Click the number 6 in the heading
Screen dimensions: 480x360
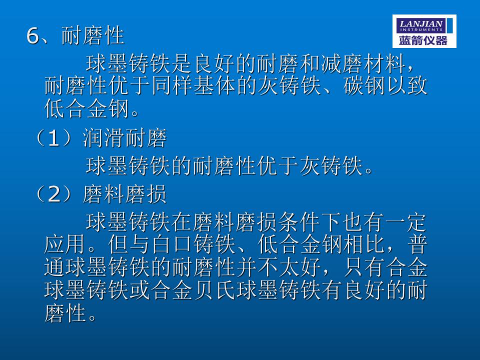(x=33, y=36)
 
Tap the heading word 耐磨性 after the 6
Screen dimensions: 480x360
(x=93, y=35)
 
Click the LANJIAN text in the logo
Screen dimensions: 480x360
(x=421, y=23)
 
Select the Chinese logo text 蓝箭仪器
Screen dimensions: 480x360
(x=423, y=40)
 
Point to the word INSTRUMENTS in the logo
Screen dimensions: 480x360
(x=421, y=29)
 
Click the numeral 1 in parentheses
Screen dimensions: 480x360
(x=53, y=138)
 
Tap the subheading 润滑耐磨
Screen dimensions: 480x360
(x=124, y=138)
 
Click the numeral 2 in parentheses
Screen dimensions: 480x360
(x=54, y=194)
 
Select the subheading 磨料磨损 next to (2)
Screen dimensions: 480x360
(x=124, y=194)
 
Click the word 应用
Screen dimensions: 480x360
(x=64, y=244)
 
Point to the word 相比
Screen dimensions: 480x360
(x=364, y=244)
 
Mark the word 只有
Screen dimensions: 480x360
(x=364, y=267)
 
